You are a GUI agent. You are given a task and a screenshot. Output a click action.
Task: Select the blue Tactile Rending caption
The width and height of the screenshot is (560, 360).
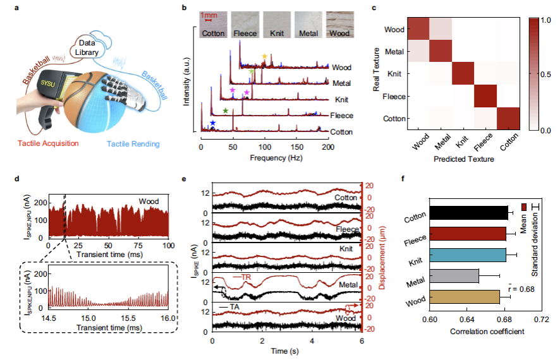click(133, 144)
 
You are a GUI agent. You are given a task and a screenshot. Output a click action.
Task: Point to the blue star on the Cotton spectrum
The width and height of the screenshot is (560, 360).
click(212, 123)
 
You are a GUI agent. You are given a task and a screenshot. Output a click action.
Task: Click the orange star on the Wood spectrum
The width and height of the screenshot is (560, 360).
click(265, 57)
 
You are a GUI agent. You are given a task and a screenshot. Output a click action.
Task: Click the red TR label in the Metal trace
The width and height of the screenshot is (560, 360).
click(248, 277)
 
